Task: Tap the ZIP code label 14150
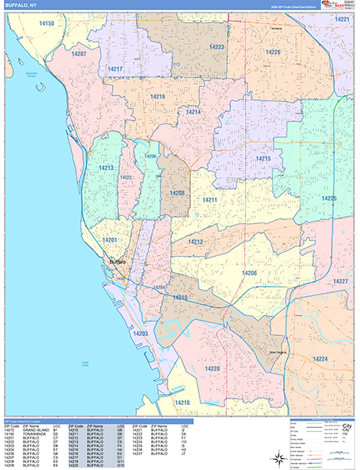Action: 47,24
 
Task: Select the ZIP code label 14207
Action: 79,54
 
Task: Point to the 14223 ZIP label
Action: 217,48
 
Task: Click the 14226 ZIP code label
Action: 272,52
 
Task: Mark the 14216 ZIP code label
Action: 157,96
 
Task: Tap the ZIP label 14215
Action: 262,159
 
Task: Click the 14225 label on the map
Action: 329,198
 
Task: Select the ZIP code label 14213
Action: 106,168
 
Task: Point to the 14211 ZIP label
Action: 210,201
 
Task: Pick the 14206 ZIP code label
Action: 249,272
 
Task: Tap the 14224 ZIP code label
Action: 319,358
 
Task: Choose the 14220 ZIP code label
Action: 212,367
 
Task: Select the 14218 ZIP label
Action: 182,402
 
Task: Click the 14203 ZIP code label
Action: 140,334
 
